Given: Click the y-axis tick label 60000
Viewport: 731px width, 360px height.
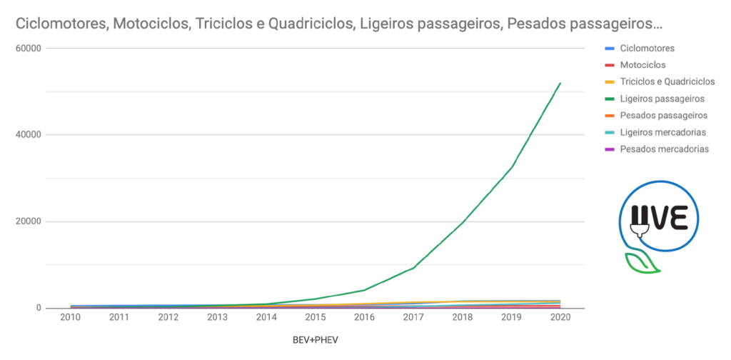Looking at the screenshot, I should click(27, 48).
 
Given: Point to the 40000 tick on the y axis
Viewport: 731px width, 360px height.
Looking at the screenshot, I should click(27, 134).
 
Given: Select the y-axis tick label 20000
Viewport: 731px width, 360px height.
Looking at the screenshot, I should click(27, 221).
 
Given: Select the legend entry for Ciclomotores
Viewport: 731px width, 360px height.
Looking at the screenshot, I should click(647, 49).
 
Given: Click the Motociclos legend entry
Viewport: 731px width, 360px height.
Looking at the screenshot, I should click(642, 65).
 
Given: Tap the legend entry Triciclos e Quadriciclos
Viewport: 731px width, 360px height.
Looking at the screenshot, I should click(667, 81).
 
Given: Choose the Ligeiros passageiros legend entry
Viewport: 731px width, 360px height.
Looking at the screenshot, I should click(662, 99).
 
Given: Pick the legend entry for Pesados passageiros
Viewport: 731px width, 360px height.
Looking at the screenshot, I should click(663, 115).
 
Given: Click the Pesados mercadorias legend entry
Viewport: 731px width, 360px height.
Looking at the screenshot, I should click(664, 149).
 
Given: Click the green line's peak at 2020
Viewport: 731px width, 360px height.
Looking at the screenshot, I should click(560, 83).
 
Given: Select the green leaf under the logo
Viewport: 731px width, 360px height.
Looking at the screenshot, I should click(641, 264).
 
